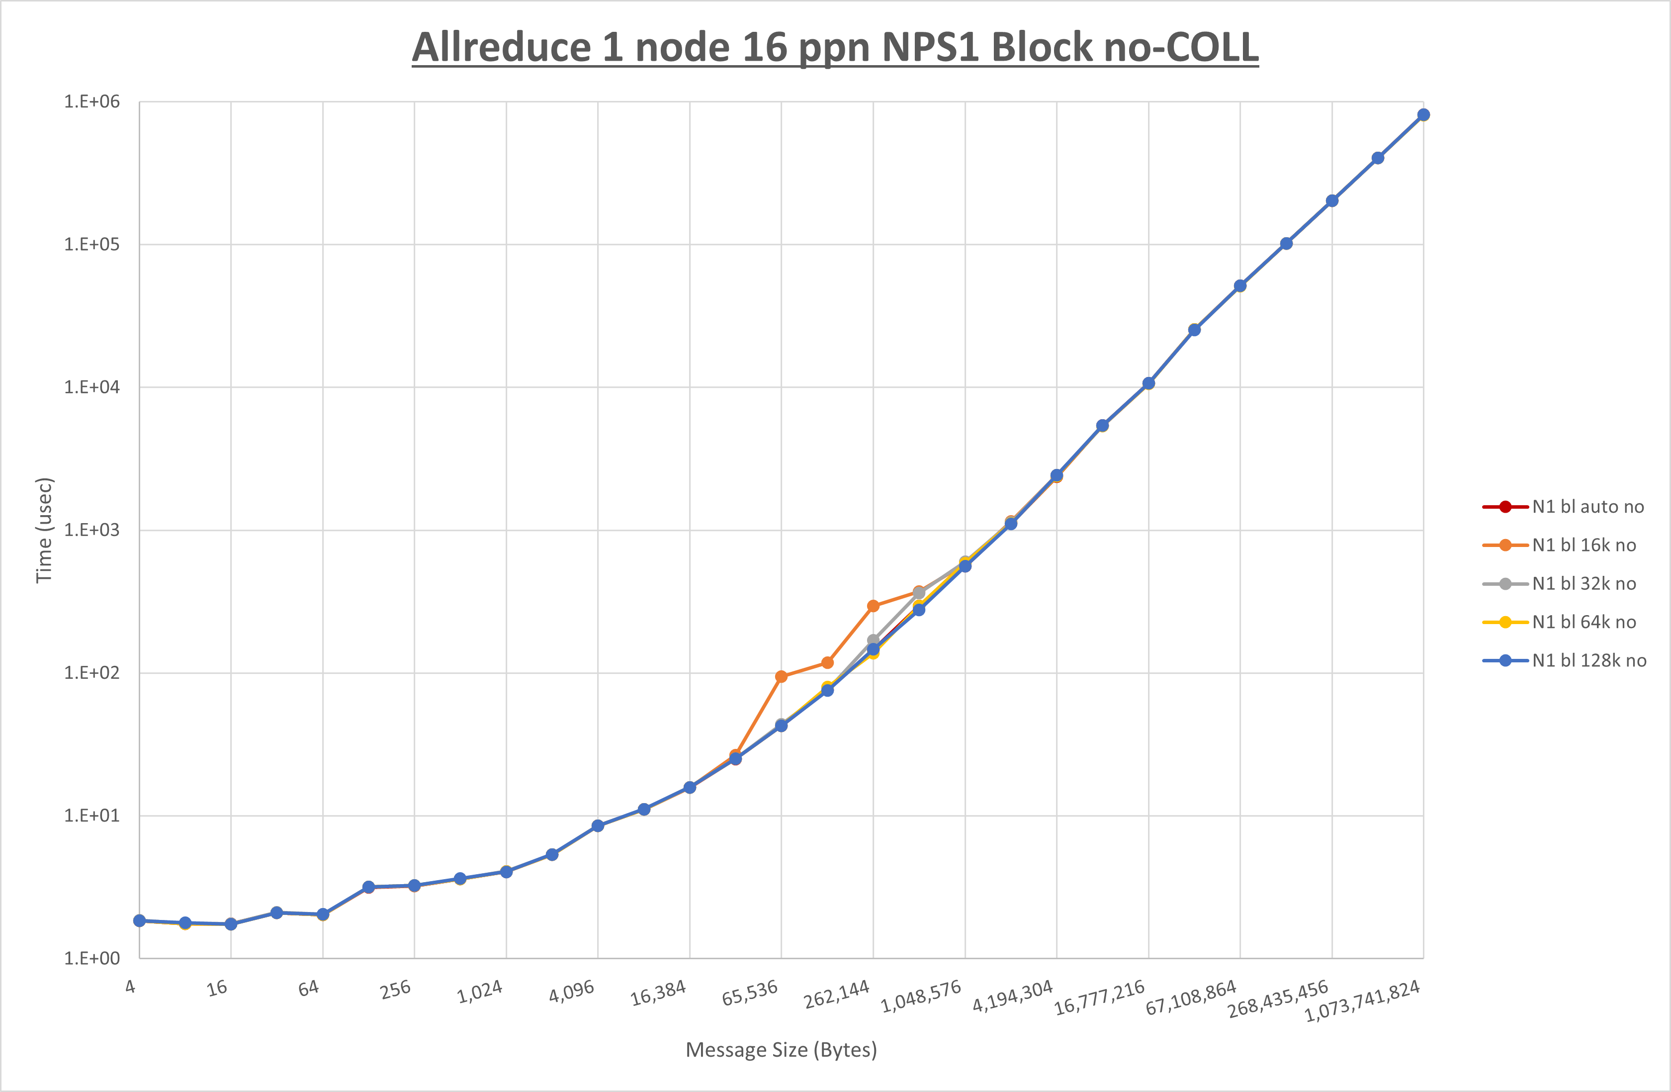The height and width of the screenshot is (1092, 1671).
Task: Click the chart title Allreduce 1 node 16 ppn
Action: [x=835, y=48]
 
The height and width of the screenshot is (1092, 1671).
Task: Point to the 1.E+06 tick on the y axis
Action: [x=92, y=102]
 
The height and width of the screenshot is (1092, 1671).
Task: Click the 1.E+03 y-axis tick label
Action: [x=92, y=530]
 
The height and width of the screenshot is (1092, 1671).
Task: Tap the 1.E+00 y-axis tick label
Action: [x=92, y=959]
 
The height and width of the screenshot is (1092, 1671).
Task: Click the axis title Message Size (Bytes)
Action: [x=781, y=1050]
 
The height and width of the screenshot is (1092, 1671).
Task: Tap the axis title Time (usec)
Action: [x=44, y=530]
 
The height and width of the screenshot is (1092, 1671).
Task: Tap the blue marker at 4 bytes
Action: [x=140, y=920]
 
